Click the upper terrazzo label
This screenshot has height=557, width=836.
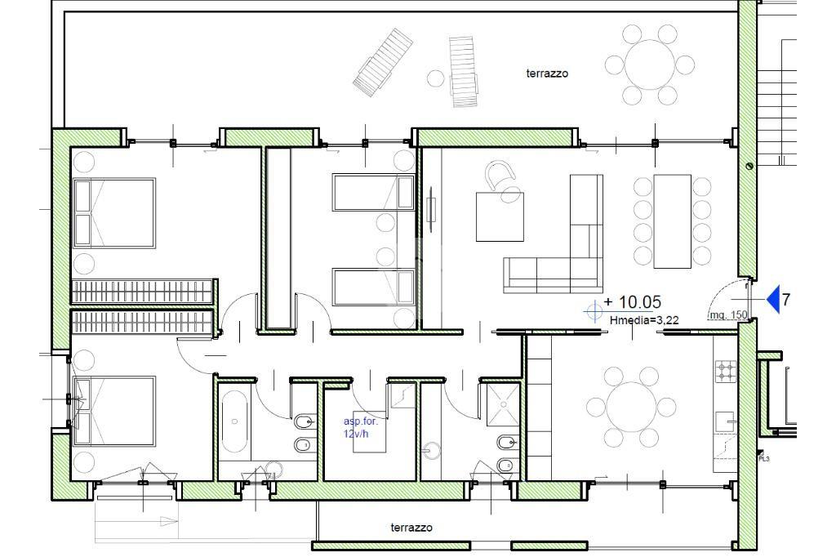(547, 74)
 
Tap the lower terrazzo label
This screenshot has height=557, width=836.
(411, 528)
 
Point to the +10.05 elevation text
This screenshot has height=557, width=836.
(633, 302)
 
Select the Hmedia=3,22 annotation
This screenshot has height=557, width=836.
(644, 320)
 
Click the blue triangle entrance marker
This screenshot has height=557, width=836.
(774, 299)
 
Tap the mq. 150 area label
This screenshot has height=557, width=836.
(728, 315)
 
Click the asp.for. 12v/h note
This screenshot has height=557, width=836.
(360, 427)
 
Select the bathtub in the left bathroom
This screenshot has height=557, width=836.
(234, 421)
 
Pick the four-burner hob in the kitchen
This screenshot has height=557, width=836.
(726, 372)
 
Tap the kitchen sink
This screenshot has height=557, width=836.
(726, 421)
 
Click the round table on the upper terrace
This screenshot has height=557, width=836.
(649, 65)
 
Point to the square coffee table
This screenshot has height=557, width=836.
(500, 216)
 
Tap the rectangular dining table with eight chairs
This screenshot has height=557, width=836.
(673, 221)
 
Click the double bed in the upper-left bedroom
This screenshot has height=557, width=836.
(113, 213)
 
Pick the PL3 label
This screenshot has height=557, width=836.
(764, 459)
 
